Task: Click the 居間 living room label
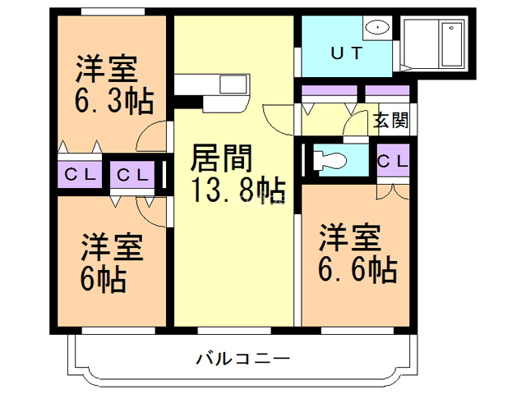[x=221, y=157]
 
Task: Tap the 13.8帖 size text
[x=238, y=190]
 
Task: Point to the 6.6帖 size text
[x=357, y=268]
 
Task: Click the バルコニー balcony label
[x=242, y=359]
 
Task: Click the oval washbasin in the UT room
[x=376, y=27]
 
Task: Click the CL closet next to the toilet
[x=393, y=161]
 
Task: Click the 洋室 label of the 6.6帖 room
[x=350, y=237]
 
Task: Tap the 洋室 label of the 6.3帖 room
[x=108, y=66]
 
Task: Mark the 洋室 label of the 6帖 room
[x=112, y=246]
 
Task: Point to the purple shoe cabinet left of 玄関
[x=329, y=89]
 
